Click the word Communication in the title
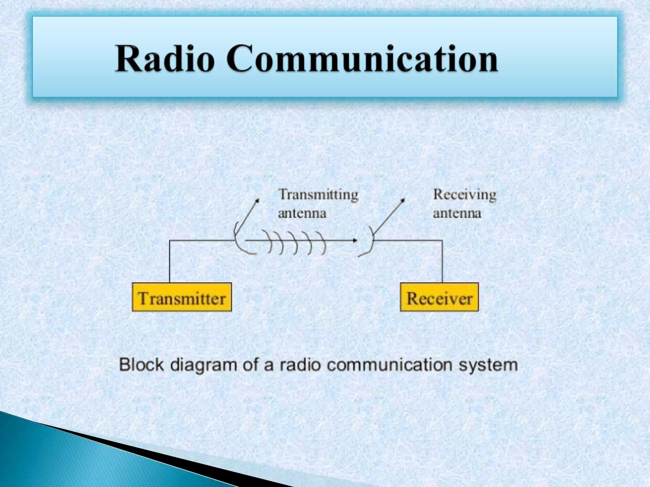tap(362, 58)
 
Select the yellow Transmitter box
tap(182, 297)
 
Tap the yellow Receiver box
tap(439, 297)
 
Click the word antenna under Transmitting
tap(302, 213)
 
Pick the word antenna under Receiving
tap(457, 213)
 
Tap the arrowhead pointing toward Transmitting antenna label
tap(257, 200)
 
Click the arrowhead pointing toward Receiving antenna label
tap(403, 200)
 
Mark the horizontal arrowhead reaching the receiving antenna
tap(355, 240)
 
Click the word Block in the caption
tap(141, 365)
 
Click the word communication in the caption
tap(389, 365)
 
